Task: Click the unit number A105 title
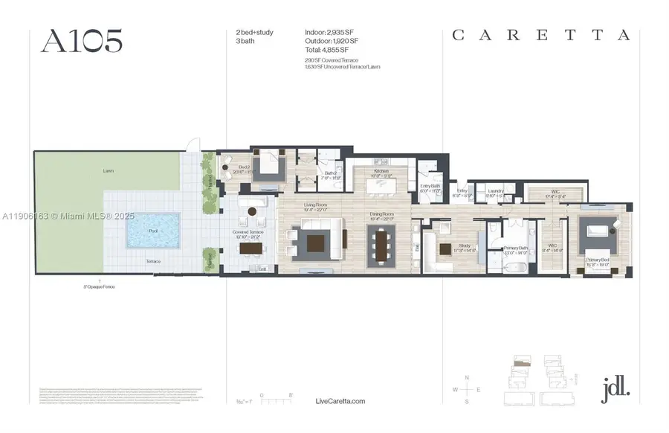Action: pyautogui.click(x=82, y=42)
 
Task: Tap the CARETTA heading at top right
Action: pyautogui.click(x=541, y=35)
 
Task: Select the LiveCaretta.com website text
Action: pyautogui.click(x=340, y=401)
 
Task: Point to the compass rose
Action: pyautogui.click(x=467, y=389)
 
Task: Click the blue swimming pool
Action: pyautogui.click(x=153, y=231)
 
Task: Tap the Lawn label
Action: pyautogui.click(x=109, y=171)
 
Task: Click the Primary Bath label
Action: pyautogui.click(x=515, y=249)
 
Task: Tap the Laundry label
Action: pyautogui.click(x=497, y=191)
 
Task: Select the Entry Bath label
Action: pyautogui.click(x=431, y=187)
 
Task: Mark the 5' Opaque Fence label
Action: pyautogui.click(x=99, y=286)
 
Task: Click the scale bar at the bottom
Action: pyautogui.click(x=276, y=401)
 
